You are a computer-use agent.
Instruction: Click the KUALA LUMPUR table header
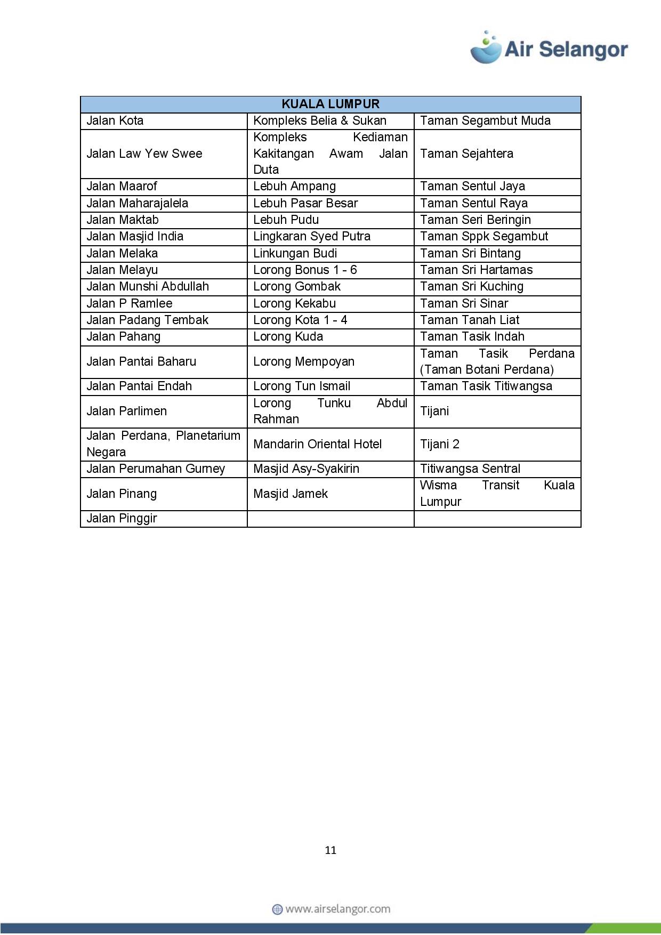pyautogui.click(x=330, y=104)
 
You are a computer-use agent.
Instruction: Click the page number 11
pyautogui.click(x=330, y=850)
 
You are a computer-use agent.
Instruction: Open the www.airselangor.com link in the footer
pyautogui.click(x=337, y=909)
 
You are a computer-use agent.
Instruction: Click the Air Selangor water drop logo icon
pyautogui.click(x=486, y=48)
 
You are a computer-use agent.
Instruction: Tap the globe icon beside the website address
pyautogui.click(x=277, y=909)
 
